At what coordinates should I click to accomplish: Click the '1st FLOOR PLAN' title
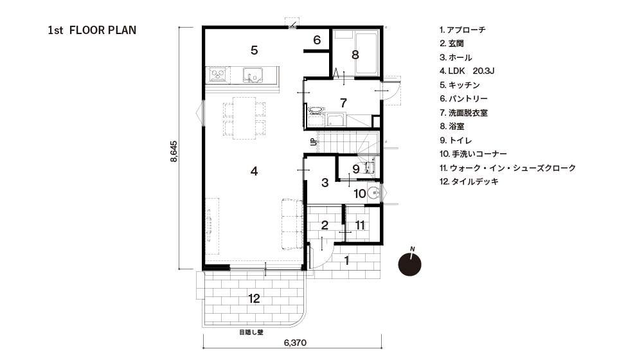(92, 30)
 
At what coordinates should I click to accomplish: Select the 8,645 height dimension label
(174, 151)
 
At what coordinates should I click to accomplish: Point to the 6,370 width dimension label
(295, 343)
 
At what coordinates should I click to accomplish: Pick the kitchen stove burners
(219, 75)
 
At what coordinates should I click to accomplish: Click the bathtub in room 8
(366, 54)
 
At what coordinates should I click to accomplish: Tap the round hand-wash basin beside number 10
(374, 194)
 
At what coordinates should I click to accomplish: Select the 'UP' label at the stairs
(314, 141)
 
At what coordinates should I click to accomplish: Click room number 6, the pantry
(317, 40)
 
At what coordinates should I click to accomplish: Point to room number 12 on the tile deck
(255, 299)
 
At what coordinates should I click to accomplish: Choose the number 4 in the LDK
(255, 171)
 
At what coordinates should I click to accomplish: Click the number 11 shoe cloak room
(360, 225)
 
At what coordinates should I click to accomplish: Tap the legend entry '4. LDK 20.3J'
(467, 71)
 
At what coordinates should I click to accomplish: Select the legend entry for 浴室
(452, 127)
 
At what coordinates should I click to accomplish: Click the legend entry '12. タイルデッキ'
(469, 182)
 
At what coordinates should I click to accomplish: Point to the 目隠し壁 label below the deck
(251, 332)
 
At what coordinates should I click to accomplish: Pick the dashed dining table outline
(244, 118)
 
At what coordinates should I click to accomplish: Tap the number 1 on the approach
(346, 260)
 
